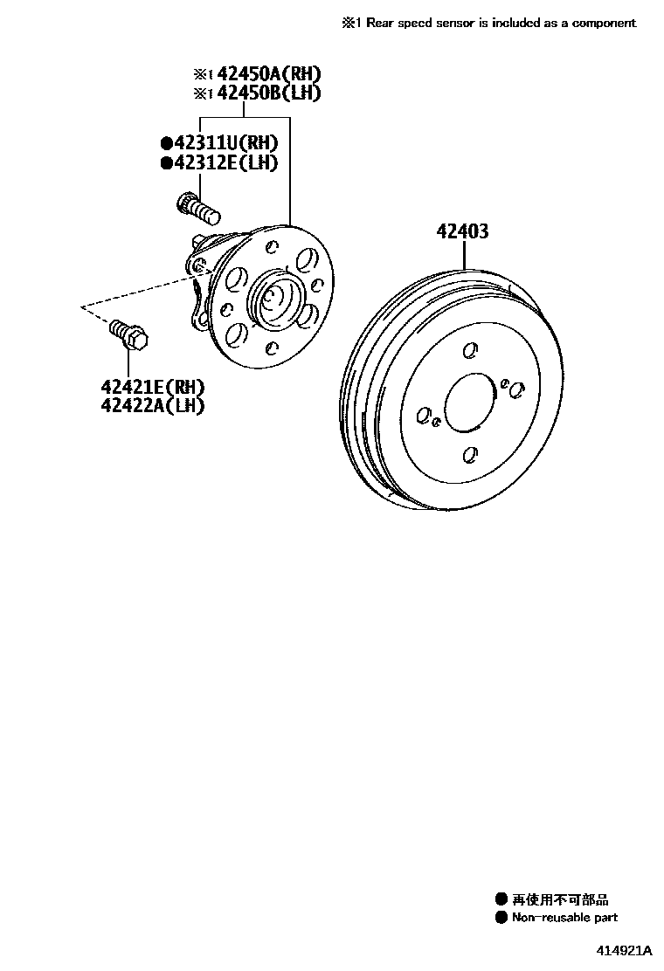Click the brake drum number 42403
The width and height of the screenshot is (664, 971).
coord(463,232)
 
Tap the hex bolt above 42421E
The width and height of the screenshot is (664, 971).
coord(130,336)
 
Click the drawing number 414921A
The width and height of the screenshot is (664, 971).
coord(626,949)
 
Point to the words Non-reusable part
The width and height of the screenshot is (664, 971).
coord(564,917)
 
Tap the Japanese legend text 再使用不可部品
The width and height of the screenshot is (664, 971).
coord(560,899)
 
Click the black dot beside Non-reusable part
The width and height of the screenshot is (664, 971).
coord(501,917)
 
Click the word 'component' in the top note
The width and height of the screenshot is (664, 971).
coord(605,23)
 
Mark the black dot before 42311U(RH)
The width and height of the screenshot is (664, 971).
coord(166,143)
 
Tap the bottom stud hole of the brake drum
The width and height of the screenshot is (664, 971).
coord(469,455)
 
